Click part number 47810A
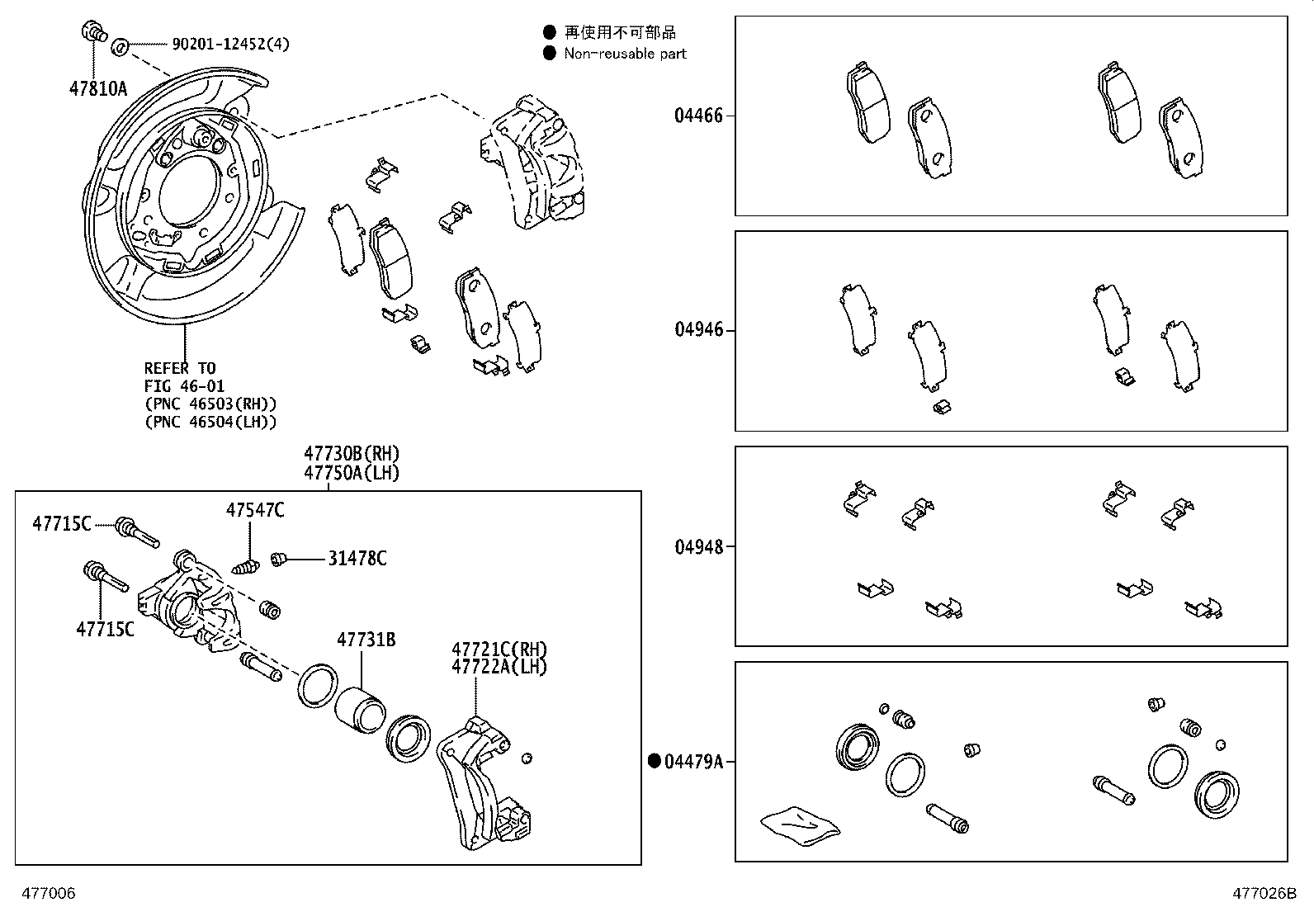click(x=98, y=87)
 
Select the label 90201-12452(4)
click(x=230, y=44)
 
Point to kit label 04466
click(x=697, y=116)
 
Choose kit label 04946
click(x=697, y=330)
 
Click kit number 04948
click(x=697, y=546)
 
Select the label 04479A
click(x=693, y=762)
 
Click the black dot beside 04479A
click(x=655, y=762)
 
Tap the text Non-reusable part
click(x=625, y=54)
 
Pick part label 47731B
click(x=366, y=640)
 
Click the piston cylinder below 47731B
click(x=360, y=708)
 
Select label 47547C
click(x=255, y=511)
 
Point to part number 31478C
click(x=357, y=559)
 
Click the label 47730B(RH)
click(x=352, y=453)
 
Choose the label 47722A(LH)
click(x=499, y=667)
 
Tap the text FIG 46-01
click(x=184, y=386)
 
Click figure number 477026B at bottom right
click(x=1264, y=893)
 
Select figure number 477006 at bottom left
click(x=49, y=893)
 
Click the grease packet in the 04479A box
click(x=799, y=826)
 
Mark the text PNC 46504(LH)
click(x=210, y=422)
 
